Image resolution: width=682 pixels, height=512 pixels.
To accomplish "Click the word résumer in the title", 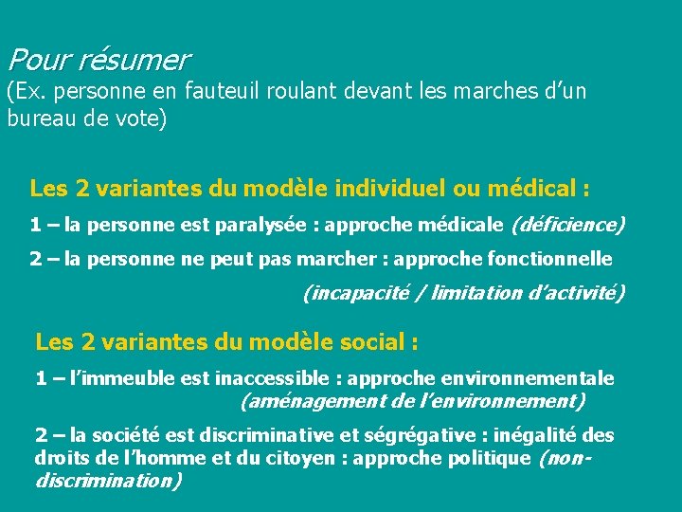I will tap(135, 62).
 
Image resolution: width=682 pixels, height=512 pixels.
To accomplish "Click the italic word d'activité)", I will tap(574, 293).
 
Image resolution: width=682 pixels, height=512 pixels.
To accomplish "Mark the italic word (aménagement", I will tap(302, 401).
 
